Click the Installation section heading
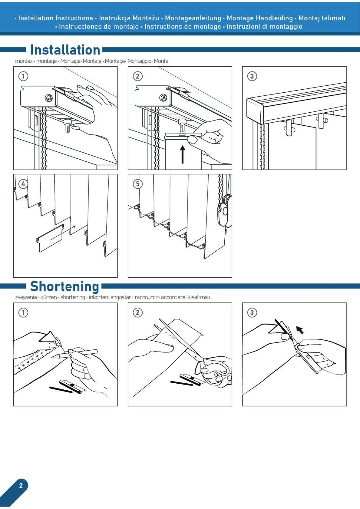click(65, 50)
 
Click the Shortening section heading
click(65, 286)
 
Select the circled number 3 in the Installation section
click(252, 76)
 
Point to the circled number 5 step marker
click(138, 184)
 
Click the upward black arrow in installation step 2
click(182, 155)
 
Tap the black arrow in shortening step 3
click(300, 330)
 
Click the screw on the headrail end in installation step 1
click(49, 98)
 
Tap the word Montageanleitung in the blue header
click(193, 18)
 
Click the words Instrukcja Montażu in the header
click(129, 18)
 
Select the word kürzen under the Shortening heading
click(49, 297)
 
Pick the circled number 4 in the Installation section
click(23, 184)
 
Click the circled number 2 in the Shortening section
click(138, 312)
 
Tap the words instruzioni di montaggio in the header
click(265, 27)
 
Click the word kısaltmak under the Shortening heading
click(199, 297)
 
